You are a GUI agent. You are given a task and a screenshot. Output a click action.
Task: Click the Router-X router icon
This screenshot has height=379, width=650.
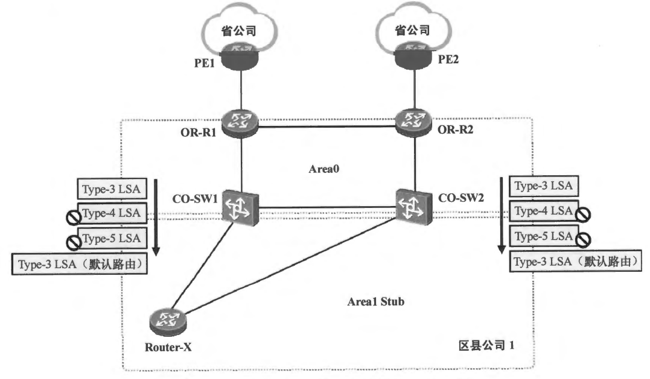(166, 321)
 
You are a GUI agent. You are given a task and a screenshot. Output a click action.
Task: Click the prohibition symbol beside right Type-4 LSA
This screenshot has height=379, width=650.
(582, 213)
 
